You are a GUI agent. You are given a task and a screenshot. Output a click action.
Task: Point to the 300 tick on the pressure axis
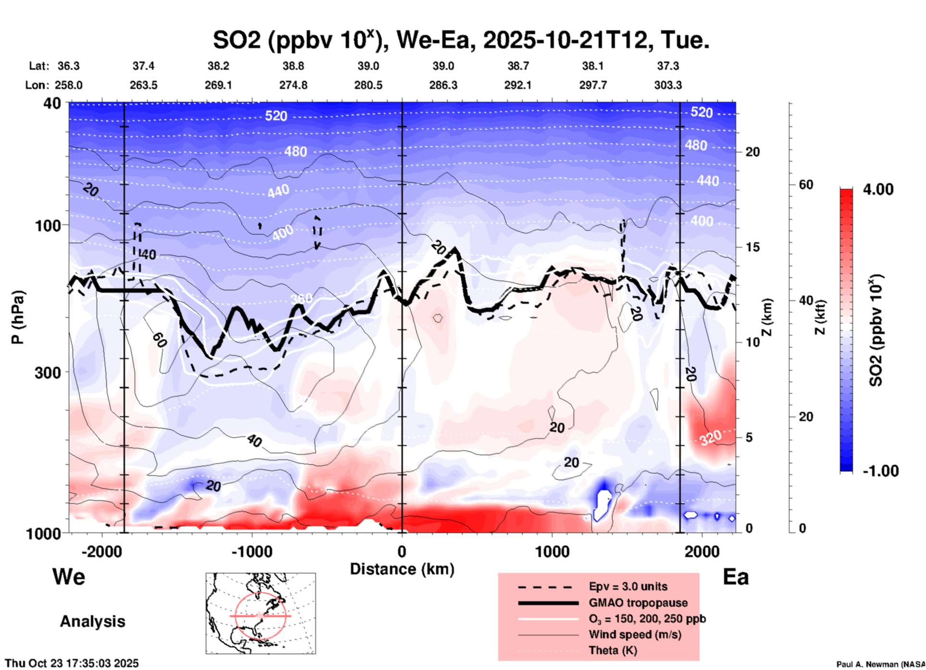[x=48, y=372]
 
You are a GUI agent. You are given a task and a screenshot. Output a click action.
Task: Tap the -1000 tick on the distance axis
[x=251, y=551]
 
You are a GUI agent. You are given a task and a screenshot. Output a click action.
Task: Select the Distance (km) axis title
[x=402, y=569]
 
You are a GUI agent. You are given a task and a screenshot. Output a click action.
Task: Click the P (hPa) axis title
[x=17, y=317]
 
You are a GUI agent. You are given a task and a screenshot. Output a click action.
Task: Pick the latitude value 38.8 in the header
[x=293, y=66]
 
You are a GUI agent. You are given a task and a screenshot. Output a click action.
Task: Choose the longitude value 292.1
[x=518, y=85]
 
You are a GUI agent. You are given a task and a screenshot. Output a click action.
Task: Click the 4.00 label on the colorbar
[x=877, y=189]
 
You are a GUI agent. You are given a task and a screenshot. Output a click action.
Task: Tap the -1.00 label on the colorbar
[x=880, y=471]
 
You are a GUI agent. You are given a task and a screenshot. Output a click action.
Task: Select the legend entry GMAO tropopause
[x=638, y=603]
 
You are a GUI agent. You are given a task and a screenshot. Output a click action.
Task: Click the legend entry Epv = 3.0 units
[x=627, y=586]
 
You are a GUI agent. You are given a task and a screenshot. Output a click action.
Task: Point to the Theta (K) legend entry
[x=613, y=650]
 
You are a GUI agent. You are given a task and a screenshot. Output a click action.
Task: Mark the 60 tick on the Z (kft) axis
[x=806, y=185]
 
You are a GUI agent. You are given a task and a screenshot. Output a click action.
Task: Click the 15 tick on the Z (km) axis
[x=752, y=247]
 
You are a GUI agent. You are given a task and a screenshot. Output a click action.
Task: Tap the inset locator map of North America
[x=261, y=613]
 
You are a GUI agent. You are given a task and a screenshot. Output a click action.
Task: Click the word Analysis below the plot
[x=92, y=621]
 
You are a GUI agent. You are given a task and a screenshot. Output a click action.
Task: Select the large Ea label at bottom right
[x=736, y=577]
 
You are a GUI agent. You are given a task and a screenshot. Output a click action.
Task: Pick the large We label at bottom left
[x=69, y=577]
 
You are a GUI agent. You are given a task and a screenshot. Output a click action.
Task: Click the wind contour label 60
[x=160, y=340]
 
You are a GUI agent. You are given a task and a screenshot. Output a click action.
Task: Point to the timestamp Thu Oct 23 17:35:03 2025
[x=72, y=663]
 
